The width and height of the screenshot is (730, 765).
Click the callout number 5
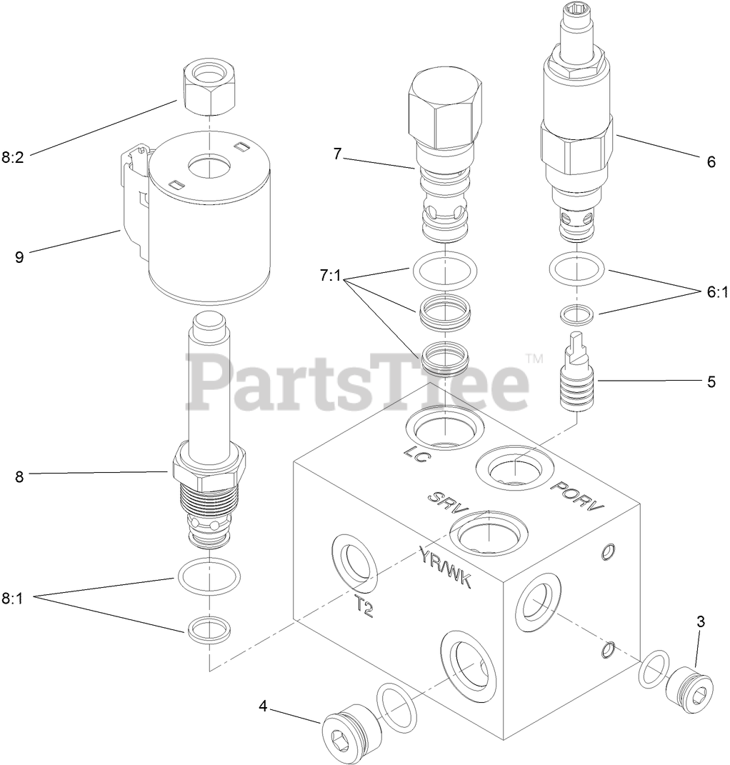(711, 381)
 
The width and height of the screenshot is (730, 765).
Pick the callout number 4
(263, 706)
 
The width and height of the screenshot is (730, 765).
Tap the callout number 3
(700, 621)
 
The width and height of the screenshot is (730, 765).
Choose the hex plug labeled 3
(688, 688)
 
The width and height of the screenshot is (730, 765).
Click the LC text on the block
(415, 455)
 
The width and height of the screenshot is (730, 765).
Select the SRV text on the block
(446, 504)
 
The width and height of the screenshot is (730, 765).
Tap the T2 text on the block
(364, 606)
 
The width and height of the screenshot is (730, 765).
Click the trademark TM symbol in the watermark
(534, 357)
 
